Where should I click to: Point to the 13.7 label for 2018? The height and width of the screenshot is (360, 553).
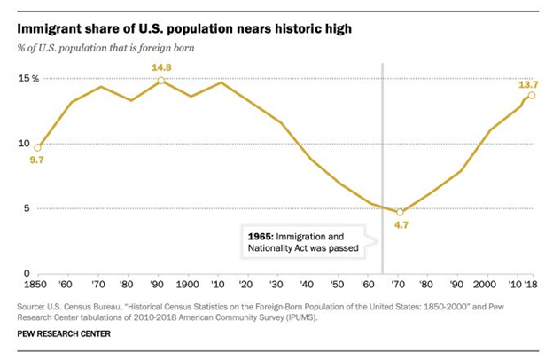click(x=530, y=83)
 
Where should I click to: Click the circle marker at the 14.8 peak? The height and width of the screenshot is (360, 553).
click(x=160, y=81)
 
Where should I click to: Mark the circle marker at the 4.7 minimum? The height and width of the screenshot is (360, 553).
click(x=400, y=212)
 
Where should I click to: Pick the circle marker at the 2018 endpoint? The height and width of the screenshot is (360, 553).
click(x=532, y=96)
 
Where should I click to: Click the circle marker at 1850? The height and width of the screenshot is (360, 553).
click(x=36, y=147)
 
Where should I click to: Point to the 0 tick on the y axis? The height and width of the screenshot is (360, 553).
click(x=27, y=274)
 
